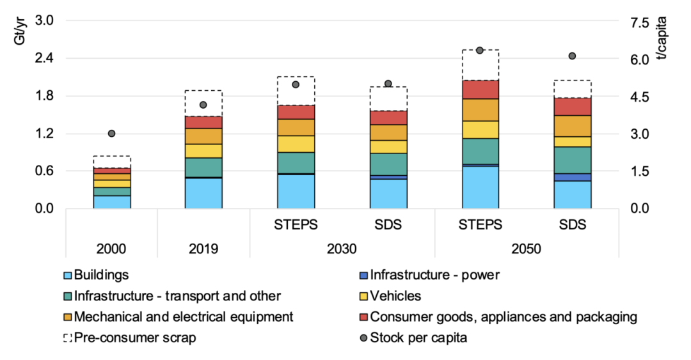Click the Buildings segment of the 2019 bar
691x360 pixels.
[x=203, y=193]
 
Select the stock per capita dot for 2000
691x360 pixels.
[x=111, y=134]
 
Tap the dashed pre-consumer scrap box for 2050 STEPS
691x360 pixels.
[x=481, y=65]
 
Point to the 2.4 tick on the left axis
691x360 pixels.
[x=44, y=58]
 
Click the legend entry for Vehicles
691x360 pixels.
[x=395, y=296]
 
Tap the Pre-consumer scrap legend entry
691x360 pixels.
[x=134, y=338]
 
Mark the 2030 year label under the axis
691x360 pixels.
[x=342, y=248]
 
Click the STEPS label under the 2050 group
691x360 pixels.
[x=481, y=225]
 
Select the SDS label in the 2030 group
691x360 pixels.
[x=388, y=225]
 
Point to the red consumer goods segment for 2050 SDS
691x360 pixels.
[x=573, y=107]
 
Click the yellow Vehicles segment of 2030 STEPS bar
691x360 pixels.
[x=296, y=144]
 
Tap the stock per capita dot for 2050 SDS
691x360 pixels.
[x=573, y=56]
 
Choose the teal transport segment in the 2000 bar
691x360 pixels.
[x=111, y=191]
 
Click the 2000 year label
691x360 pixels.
[x=111, y=248]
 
